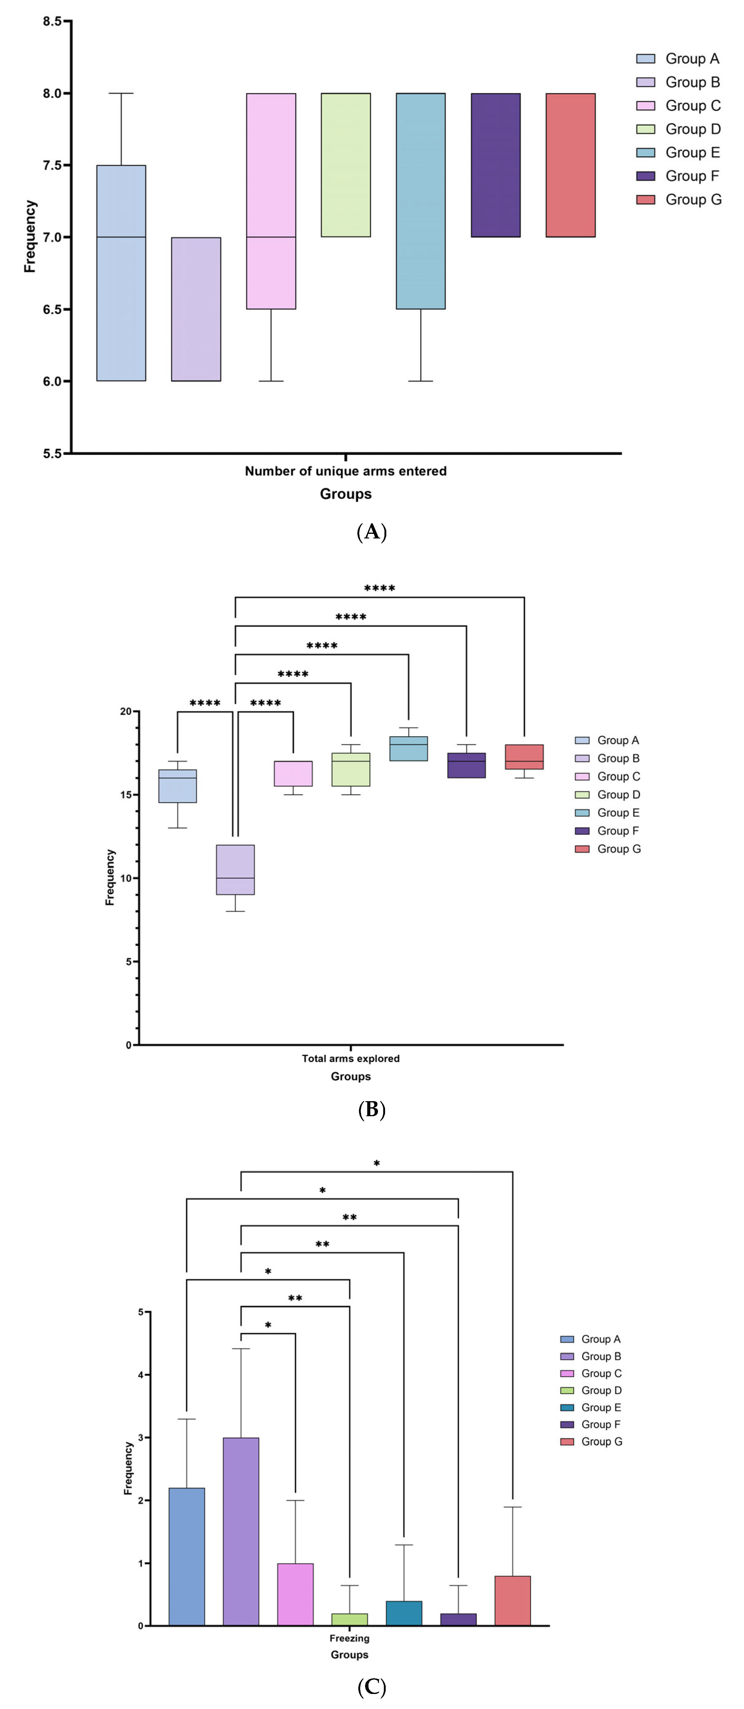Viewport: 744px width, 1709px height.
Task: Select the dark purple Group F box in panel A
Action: [x=496, y=165]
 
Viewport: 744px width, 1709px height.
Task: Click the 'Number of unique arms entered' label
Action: [x=346, y=471]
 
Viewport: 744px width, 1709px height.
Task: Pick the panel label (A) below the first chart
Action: [x=372, y=532]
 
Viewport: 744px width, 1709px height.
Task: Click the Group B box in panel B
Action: [x=236, y=870]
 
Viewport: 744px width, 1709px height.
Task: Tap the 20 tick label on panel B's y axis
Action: [x=125, y=711]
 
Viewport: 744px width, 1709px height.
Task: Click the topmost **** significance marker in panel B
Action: [x=380, y=589]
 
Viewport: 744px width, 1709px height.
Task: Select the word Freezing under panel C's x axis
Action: [x=350, y=1638]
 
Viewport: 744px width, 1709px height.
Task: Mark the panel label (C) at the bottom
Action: [x=372, y=1687]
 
